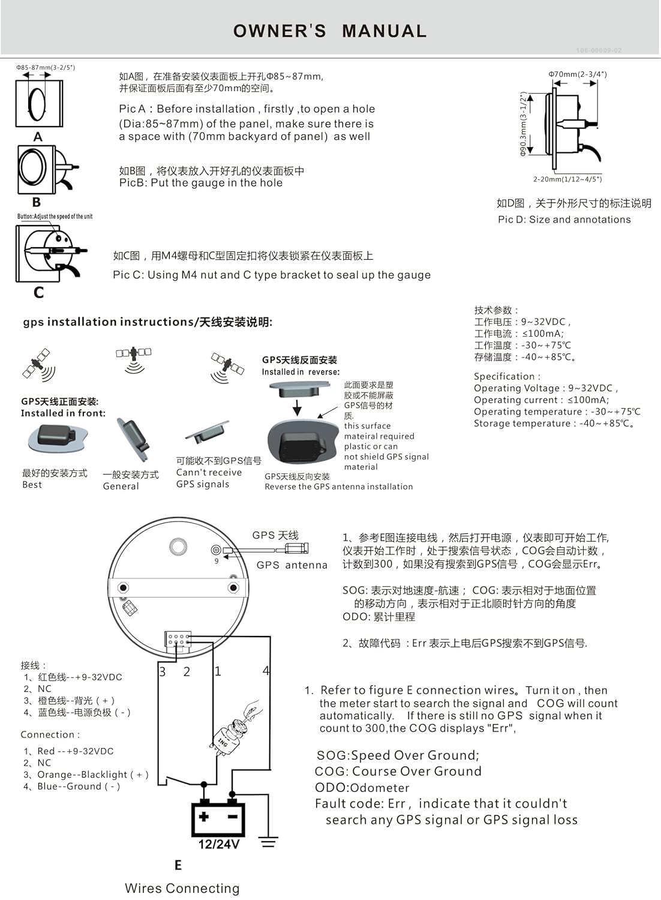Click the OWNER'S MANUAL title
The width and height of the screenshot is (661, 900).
coord(330,31)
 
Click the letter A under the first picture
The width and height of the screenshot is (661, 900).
coord(38,137)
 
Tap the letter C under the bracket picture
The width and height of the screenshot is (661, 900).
coord(38,292)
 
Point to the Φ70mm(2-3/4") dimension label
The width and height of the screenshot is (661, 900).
coord(577,74)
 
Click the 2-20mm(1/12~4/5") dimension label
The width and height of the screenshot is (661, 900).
coord(567,179)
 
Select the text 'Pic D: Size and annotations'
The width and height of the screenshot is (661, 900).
coord(564,220)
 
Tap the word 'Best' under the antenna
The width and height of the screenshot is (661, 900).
coord(32,485)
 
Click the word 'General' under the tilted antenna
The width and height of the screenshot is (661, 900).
coord(121,486)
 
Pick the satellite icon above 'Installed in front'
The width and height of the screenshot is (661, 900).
coord(38,364)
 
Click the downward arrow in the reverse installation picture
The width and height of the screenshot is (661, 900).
coord(297,408)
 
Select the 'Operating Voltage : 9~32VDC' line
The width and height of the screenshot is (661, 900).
coord(545,388)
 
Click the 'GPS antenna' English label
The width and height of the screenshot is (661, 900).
coord(292,565)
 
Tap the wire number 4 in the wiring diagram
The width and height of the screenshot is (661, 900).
coord(266,671)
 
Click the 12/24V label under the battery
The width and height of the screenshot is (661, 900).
coord(218,844)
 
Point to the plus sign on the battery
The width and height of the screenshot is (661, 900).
coord(204,817)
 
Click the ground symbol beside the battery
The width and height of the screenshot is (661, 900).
coord(268,842)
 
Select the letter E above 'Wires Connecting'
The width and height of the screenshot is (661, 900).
coord(178,865)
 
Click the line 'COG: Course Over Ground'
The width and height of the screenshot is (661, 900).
coord(398,772)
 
